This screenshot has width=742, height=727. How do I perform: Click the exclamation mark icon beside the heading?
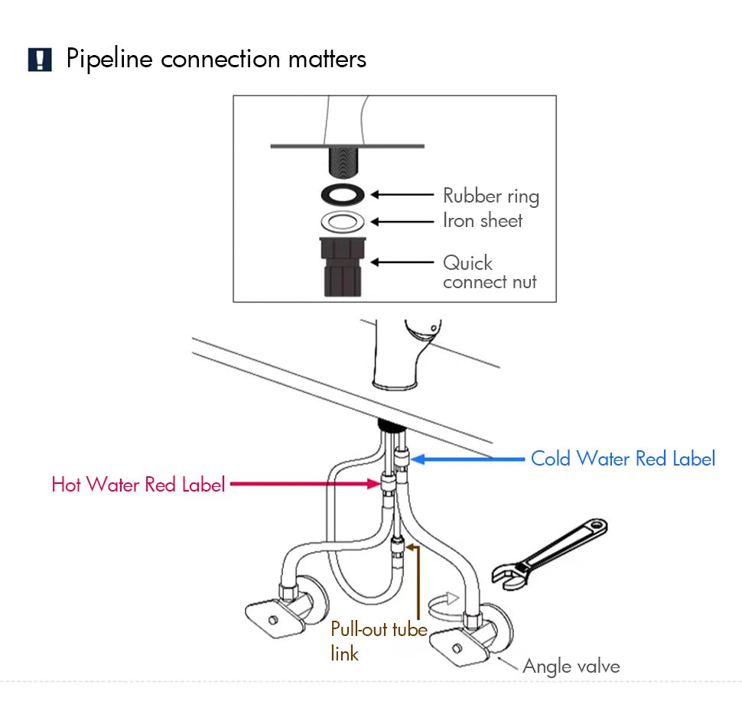40,60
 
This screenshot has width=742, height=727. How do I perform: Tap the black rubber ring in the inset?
340,195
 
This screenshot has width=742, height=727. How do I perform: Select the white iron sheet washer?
340,222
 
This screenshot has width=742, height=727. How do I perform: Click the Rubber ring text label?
491,196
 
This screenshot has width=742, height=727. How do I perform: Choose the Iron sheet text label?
483,221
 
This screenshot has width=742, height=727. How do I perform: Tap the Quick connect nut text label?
489,272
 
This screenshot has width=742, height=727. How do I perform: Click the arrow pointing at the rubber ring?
402,195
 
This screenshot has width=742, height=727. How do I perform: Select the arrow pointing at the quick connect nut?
402,262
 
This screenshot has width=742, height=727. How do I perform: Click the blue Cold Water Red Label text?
623,459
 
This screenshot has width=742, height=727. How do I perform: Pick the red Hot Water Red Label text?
138,485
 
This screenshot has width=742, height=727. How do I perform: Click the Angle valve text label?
571,666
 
